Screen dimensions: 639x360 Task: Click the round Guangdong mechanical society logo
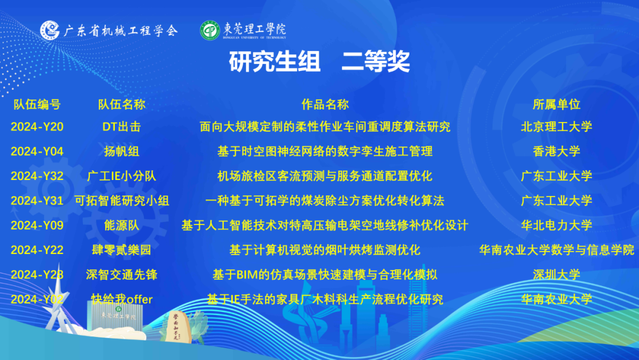(50, 30)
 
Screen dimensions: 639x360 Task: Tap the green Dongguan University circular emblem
(210, 31)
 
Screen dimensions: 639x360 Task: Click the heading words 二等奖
(375, 62)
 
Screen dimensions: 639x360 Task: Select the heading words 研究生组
(275, 62)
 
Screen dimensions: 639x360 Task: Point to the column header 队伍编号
(37, 104)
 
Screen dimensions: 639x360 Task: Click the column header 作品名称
(325, 104)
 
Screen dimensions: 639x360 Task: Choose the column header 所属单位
(556, 104)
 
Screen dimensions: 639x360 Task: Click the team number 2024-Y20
(37, 127)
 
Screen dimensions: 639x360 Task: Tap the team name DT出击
(121, 127)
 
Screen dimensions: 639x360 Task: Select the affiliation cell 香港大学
(556, 151)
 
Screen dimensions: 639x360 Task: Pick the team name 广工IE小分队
(121, 176)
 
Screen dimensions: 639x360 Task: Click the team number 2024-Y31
(37, 201)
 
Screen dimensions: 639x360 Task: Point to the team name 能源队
(121, 225)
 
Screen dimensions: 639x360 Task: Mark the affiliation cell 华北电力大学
(556, 225)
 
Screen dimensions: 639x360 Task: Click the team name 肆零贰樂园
(121, 250)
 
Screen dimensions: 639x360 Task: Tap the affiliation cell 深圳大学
(556, 274)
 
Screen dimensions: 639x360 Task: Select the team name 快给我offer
(121, 299)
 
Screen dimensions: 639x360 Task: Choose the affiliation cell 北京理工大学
(556, 127)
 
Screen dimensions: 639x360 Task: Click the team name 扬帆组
(121, 151)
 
